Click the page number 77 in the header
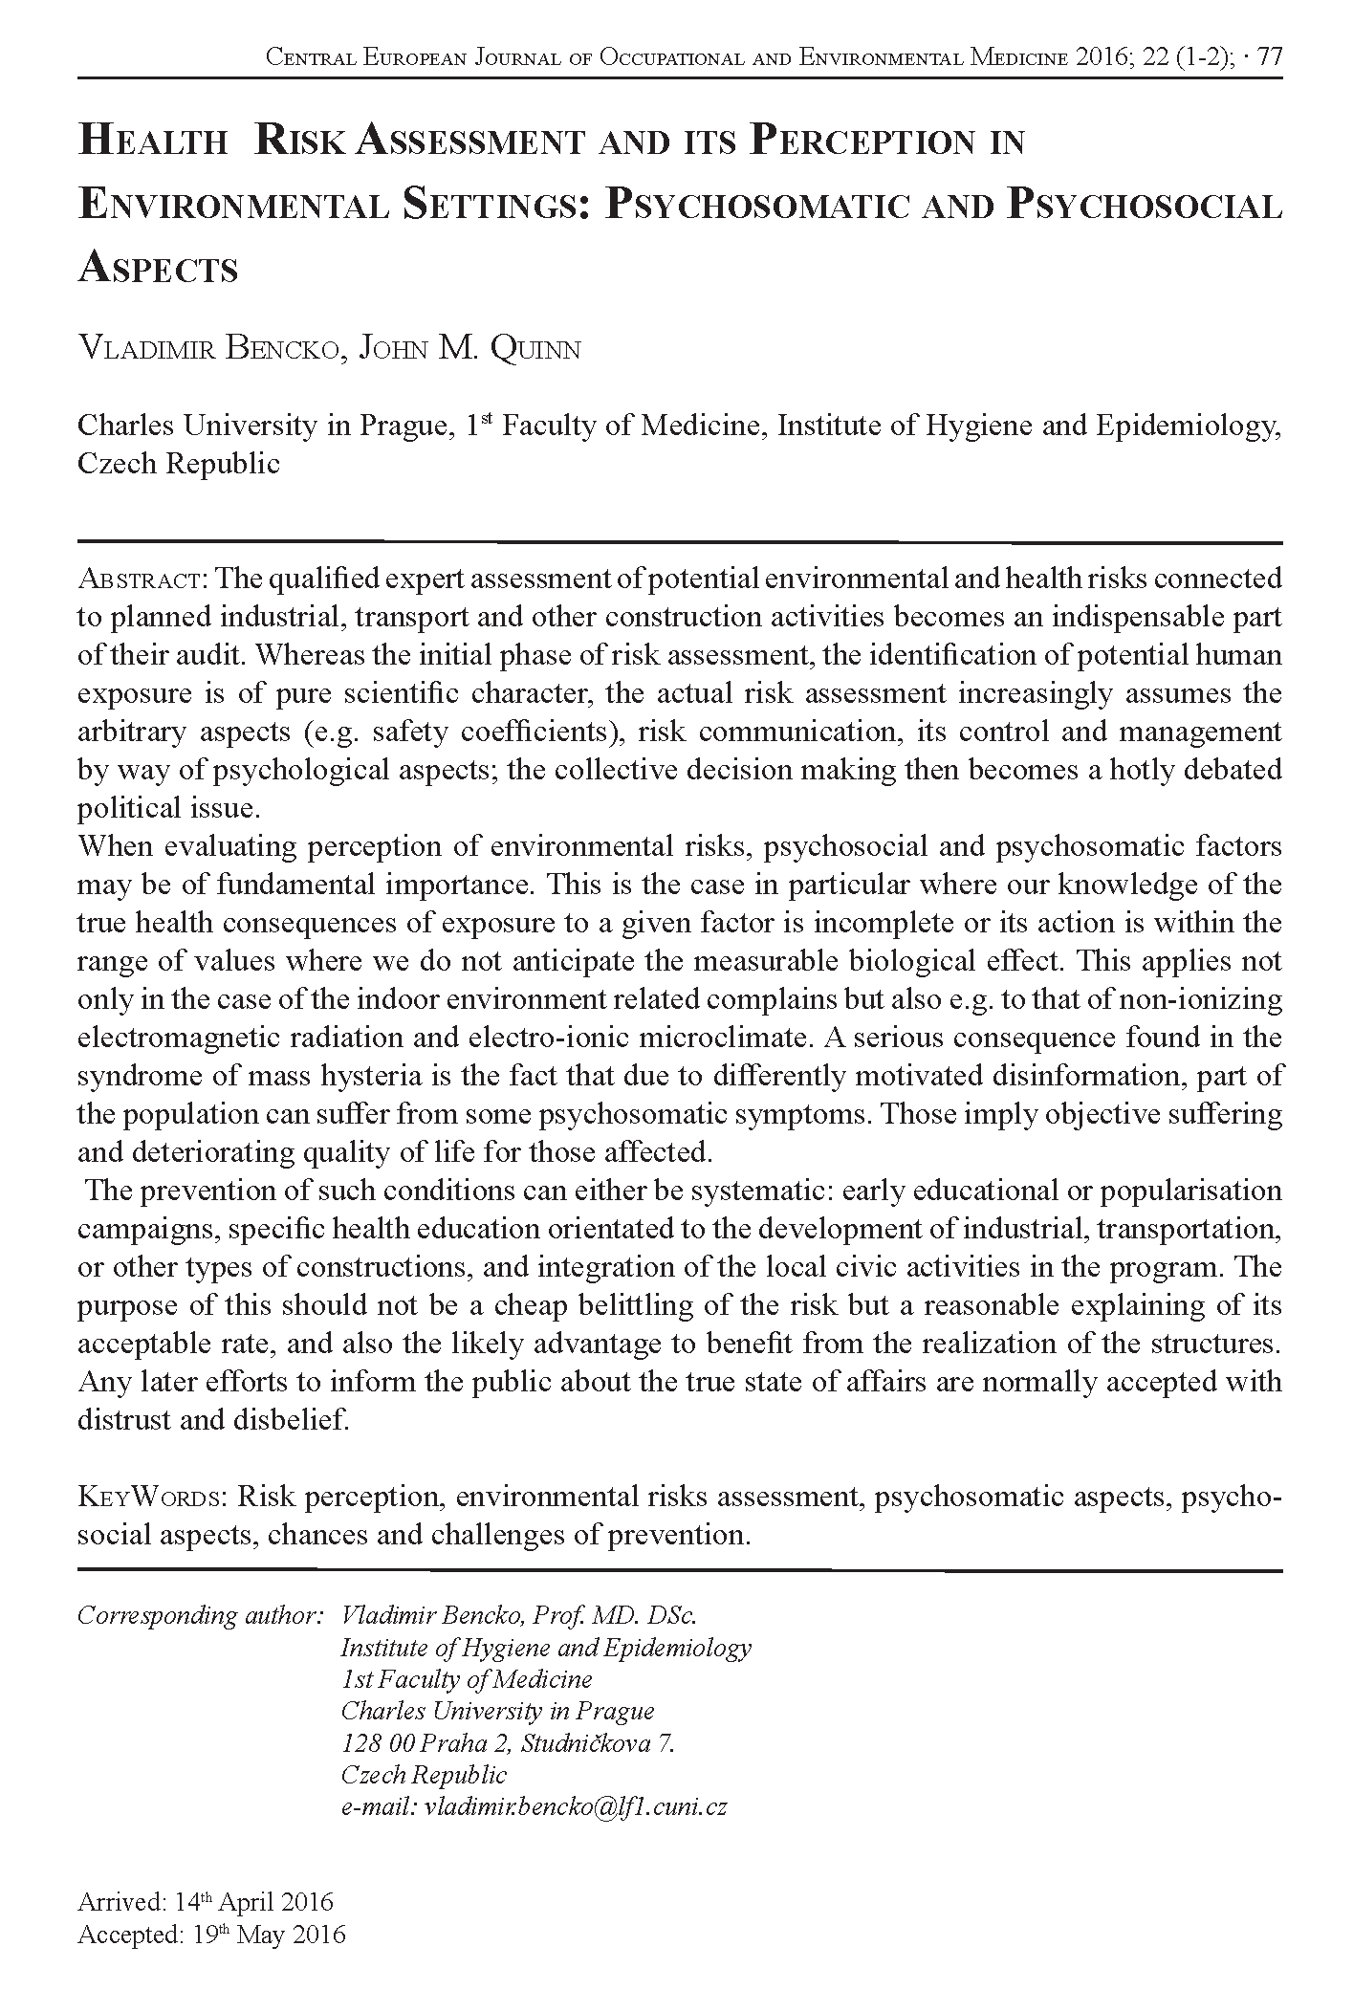(1270, 58)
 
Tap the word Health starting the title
(152, 142)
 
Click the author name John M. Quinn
(469, 349)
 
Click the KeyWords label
(151, 1497)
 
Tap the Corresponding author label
(198, 1615)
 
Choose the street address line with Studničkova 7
(508, 1742)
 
